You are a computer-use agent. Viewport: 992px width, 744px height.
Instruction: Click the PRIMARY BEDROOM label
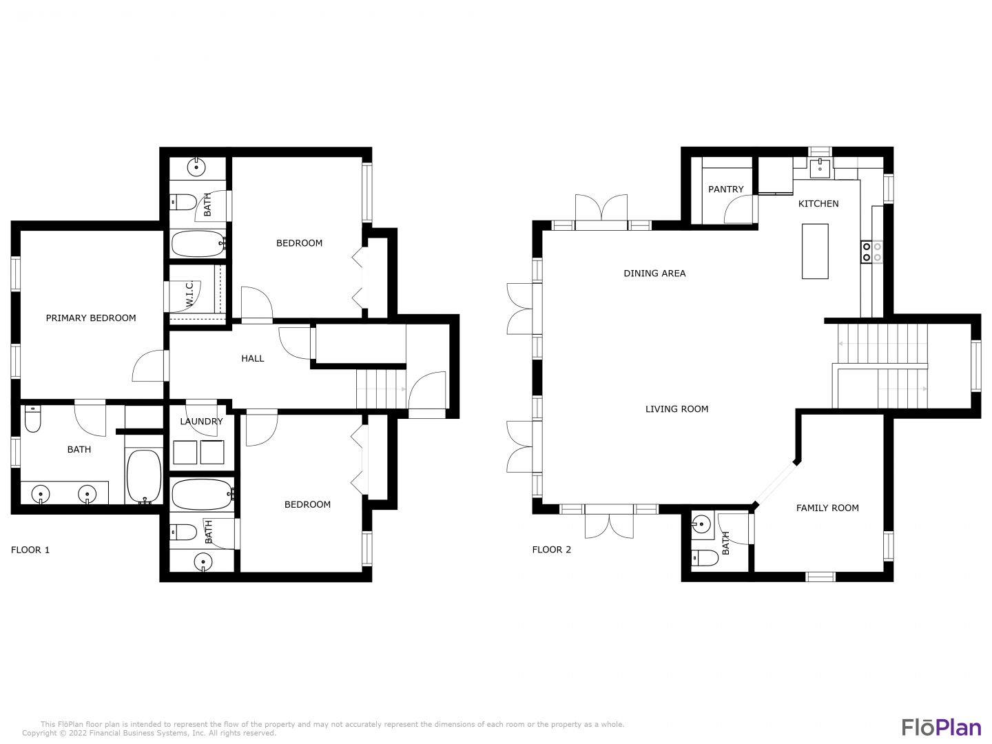91,318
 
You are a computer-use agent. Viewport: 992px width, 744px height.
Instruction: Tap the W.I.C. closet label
189,293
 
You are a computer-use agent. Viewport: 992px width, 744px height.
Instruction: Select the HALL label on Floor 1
253,359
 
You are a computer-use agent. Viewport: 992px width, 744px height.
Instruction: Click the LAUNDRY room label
201,422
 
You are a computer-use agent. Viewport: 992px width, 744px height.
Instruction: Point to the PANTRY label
726,189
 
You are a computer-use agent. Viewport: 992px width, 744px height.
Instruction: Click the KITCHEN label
818,204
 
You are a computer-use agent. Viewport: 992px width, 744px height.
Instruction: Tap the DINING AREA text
654,273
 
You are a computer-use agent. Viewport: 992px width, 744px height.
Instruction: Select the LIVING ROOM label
676,409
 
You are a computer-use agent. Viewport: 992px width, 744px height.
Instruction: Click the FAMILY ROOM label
827,508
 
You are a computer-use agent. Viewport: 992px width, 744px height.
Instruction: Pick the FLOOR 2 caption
551,550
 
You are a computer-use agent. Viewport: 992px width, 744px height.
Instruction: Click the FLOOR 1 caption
30,550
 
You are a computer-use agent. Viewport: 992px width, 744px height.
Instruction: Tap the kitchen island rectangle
815,251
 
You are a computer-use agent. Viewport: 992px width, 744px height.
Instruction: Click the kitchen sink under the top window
820,169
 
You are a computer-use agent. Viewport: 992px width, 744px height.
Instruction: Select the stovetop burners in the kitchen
871,252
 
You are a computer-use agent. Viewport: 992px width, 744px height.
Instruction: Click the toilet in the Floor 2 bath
705,558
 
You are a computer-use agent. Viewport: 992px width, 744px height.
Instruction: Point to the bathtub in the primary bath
144,477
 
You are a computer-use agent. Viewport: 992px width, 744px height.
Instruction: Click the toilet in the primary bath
32,419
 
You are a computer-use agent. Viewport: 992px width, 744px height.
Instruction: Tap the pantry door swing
741,209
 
